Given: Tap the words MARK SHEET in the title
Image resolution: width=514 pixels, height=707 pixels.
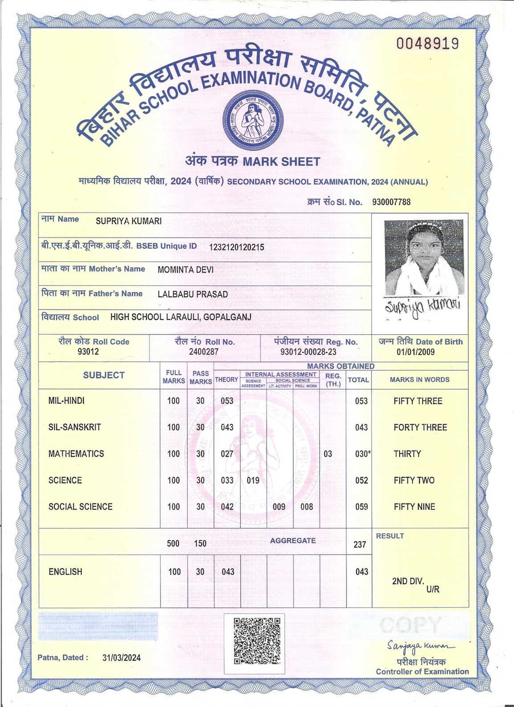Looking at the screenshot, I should (281, 161).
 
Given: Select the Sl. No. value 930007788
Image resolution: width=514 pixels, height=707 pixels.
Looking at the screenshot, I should (391, 202).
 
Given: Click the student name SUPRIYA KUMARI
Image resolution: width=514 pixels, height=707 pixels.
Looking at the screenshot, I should (129, 221).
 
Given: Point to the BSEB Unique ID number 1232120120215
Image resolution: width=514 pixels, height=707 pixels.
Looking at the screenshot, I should (236, 247).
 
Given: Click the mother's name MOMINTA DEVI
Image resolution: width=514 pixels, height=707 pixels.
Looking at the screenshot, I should (186, 270).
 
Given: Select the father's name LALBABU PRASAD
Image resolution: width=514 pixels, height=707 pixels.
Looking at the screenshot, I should (193, 294).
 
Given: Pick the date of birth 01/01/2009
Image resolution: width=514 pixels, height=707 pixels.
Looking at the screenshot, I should (416, 352).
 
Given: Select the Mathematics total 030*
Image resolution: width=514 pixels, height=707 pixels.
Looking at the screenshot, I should (363, 454).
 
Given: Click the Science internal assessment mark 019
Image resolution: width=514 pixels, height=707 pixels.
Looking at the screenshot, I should (253, 480).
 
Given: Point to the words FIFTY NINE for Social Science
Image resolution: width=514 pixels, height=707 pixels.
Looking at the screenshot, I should (414, 507).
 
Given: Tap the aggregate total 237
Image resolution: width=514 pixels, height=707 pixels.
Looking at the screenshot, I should (360, 544).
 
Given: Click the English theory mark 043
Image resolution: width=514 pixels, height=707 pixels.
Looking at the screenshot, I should (227, 572).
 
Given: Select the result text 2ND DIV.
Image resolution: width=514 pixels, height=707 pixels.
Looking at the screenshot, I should (408, 581).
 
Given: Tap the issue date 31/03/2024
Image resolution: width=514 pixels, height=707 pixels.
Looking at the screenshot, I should (121, 658).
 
